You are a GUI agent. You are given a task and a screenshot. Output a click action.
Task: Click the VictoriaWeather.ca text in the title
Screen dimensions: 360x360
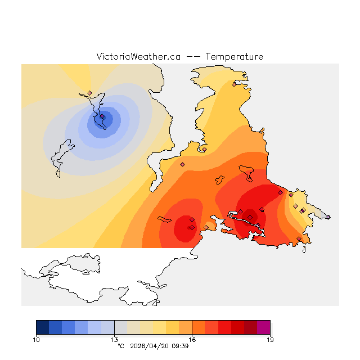tap(138, 57)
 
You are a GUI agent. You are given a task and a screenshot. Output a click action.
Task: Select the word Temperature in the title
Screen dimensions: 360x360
tap(234, 57)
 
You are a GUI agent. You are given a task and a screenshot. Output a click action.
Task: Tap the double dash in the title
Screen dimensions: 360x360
tap(193, 57)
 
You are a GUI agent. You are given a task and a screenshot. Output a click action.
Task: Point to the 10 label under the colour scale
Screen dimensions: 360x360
tap(37, 340)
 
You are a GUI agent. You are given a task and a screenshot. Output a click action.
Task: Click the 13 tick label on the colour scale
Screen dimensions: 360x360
tap(114, 340)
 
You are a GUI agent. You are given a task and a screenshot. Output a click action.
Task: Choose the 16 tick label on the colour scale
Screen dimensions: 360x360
tap(192, 340)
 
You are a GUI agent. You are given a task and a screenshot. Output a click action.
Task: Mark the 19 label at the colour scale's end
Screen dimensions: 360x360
tap(270, 340)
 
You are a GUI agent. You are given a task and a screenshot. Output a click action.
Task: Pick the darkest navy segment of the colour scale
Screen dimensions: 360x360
tap(42, 327)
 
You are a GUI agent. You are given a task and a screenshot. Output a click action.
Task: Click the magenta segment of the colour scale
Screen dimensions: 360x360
tap(263, 327)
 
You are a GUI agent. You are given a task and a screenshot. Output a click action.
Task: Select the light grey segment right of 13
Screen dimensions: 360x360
tap(120, 327)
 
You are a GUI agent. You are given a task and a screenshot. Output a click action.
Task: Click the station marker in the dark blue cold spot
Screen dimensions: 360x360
tap(102, 117)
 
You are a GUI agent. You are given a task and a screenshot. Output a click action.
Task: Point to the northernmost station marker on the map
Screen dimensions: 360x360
tap(234, 84)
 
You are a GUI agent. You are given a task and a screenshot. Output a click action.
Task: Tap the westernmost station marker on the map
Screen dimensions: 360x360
tap(89, 93)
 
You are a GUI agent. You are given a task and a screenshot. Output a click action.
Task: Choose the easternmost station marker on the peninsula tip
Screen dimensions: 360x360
tap(328, 217)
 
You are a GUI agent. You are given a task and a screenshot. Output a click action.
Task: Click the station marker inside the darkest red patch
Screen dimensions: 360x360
tap(250, 217)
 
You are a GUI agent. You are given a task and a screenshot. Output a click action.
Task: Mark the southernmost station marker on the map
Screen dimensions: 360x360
tap(299, 238)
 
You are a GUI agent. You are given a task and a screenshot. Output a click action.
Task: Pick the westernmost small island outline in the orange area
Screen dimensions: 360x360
tap(164, 219)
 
